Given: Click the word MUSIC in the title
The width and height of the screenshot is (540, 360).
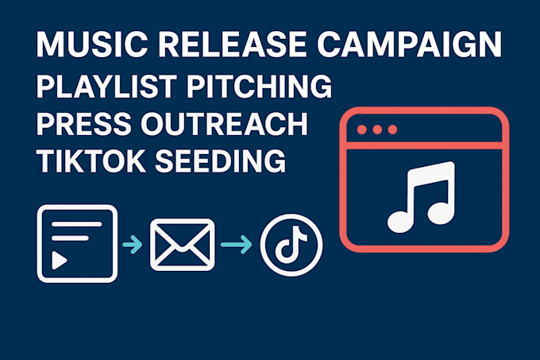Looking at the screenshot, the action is pyautogui.click(x=92, y=45).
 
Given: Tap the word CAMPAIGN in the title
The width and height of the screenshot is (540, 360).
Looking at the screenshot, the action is pyautogui.click(x=409, y=45).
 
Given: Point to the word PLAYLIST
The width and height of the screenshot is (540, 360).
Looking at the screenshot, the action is pyautogui.click(x=106, y=86).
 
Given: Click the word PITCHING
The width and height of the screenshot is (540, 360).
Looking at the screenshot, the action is pyautogui.click(x=260, y=86).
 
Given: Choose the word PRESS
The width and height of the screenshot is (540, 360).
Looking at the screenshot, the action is pyautogui.click(x=83, y=124).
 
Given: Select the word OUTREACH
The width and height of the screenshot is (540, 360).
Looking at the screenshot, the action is pyautogui.click(x=224, y=124).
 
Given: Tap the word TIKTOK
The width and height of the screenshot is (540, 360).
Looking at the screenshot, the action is pyautogui.click(x=91, y=161).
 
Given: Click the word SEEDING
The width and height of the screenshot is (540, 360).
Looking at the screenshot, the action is pyautogui.click(x=221, y=161).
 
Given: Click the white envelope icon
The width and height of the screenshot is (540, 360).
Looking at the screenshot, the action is pyautogui.click(x=182, y=245).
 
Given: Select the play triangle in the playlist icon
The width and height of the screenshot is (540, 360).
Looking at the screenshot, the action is pyautogui.click(x=59, y=260).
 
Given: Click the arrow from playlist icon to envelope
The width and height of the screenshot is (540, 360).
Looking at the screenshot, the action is pyautogui.click(x=133, y=244).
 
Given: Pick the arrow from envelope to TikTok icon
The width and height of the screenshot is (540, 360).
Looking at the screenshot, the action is pyautogui.click(x=237, y=244).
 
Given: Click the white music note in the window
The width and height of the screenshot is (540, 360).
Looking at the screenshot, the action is pyautogui.click(x=421, y=197).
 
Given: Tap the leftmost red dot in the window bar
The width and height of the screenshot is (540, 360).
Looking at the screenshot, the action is pyautogui.click(x=361, y=130).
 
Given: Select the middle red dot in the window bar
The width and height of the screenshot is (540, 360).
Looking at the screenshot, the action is pyautogui.click(x=377, y=130).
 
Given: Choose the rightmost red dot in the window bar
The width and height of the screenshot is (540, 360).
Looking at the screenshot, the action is pyautogui.click(x=392, y=130).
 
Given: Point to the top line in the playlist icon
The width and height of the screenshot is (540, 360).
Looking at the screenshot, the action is pyautogui.click(x=77, y=224).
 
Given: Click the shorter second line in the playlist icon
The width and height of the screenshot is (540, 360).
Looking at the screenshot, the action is pyautogui.click(x=70, y=238).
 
